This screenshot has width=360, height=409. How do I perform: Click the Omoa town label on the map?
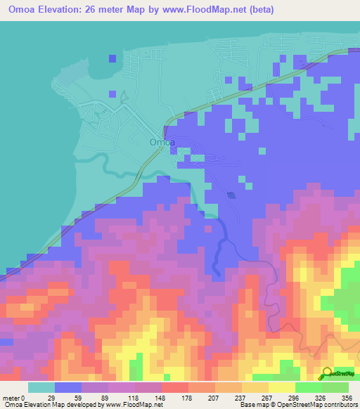pyautogui.click(x=161, y=143)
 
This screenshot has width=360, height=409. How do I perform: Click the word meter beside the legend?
pyautogui.click(x=12, y=398)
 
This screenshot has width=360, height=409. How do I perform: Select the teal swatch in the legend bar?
pyautogui.click(x=41, y=387)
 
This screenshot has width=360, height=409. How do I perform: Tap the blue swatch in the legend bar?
pyautogui.click(x=68, y=387)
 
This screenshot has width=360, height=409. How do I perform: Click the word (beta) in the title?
pyautogui.click(x=259, y=10)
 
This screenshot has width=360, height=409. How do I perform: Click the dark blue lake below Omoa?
pyautogui.click(x=231, y=195)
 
